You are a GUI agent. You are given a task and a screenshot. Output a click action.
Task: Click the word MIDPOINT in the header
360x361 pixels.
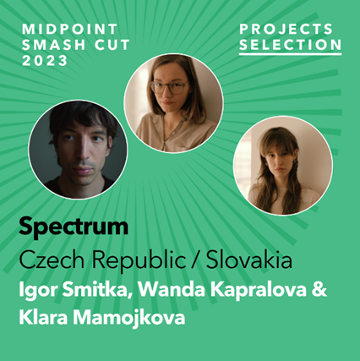pyautogui.click(x=69, y=29)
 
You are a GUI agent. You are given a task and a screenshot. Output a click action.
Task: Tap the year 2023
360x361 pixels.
pyautogui.click(x=45, y=61)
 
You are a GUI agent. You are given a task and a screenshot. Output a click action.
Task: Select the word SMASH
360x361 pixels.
pyautogui.click(x=53, y=45)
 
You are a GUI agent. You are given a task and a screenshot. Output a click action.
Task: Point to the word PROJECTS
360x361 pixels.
pyautogui.click(x=286, y=29)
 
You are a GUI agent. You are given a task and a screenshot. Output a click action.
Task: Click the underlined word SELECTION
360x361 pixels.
pyautogui.click(x=291, y=45)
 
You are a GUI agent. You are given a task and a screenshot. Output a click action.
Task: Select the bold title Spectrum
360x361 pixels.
pyautogui.click(x=74, y=227)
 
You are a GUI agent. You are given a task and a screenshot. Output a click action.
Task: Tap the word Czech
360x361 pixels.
pyautogui.click(x=52, y=260)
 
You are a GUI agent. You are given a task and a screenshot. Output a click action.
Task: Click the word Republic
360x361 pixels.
pyautogui.click(x=139, y=260)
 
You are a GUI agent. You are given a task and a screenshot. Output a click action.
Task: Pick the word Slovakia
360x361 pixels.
pyautogui.click(x=249, y=260)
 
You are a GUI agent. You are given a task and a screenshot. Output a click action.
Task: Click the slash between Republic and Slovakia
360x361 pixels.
pyautogui.click(x=196, y=260)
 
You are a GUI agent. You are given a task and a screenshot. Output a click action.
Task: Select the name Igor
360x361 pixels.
pyautogui.click(x=37, y=290)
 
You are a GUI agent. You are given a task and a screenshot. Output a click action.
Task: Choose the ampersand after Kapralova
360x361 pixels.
pyautogui.click(x=319, y=289)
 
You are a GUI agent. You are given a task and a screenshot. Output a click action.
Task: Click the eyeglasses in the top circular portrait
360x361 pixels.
pyautogui.click(x=169, y=87)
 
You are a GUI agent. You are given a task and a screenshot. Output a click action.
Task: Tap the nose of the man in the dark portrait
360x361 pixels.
pyautogui.click(x=84, y=156)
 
